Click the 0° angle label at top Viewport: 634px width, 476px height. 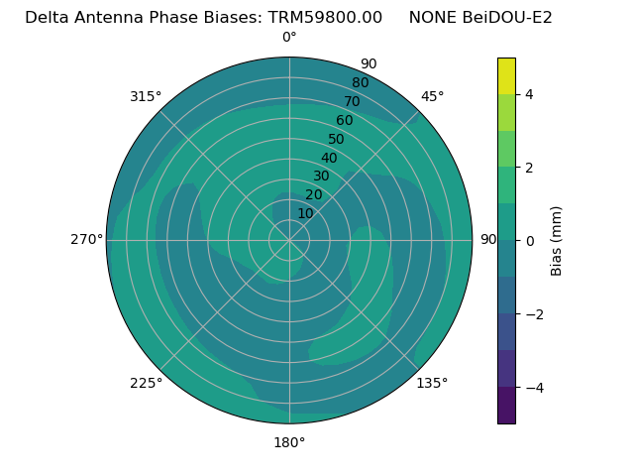coord(289,38)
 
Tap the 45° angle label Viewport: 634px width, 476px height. coord(433,96)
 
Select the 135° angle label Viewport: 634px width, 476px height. coord(432,383)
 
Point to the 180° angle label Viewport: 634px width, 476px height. coord(289,442)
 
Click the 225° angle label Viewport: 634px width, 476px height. coord(146,383)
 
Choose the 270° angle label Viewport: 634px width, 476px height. coord(86,239)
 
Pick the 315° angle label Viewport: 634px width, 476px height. coord(146,96)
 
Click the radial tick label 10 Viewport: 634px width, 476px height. coord(305,213)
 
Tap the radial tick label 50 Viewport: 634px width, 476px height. coord(336,139)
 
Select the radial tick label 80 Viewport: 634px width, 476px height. coord(360,82)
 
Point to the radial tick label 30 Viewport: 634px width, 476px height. coord(321,177)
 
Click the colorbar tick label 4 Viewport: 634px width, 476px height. coord(529,94)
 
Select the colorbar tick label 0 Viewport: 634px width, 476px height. coord(529,240)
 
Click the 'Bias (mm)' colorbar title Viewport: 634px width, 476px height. coord(557,240)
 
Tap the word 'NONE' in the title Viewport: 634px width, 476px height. coord(429,17)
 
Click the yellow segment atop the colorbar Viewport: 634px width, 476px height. coord(506,75)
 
